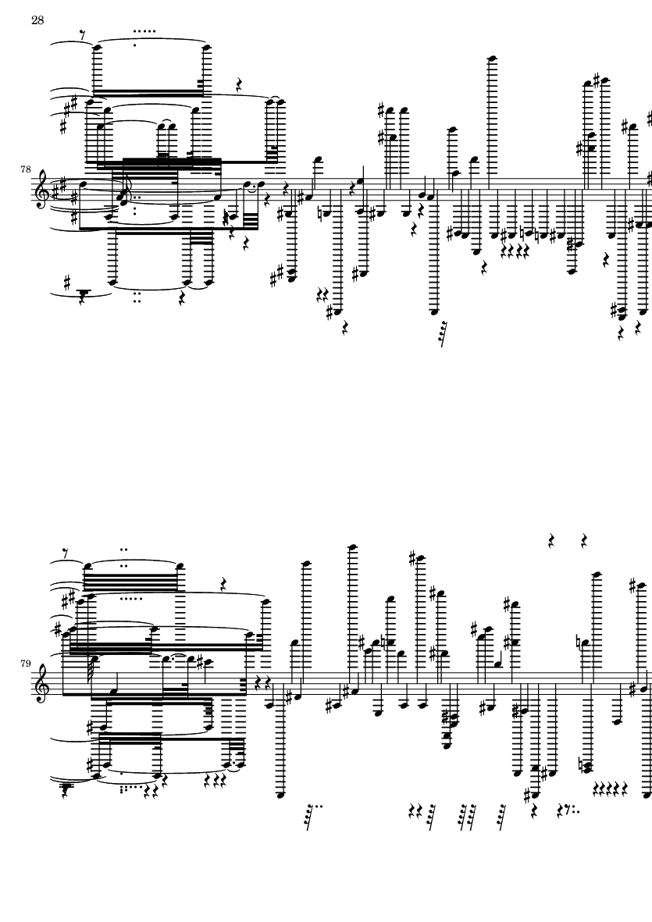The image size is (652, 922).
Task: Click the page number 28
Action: click(37, 20)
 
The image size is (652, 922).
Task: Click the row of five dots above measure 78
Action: click(144, 32)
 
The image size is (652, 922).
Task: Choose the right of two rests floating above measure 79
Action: click(584, 540)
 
